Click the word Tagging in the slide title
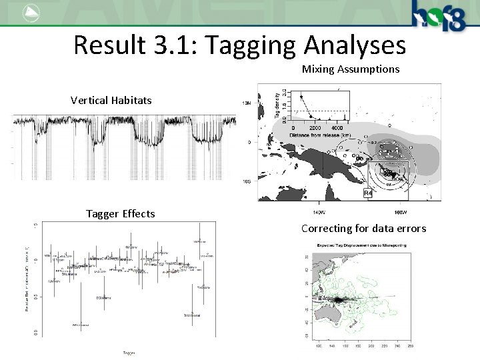251,45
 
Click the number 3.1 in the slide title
179,45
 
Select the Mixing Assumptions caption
351,69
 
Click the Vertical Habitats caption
111,101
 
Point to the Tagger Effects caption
121,214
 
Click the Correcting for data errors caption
363,229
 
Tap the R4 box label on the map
368,193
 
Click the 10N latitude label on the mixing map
247,103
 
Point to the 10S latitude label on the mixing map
247,181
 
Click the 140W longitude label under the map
318,211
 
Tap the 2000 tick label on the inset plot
315,128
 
